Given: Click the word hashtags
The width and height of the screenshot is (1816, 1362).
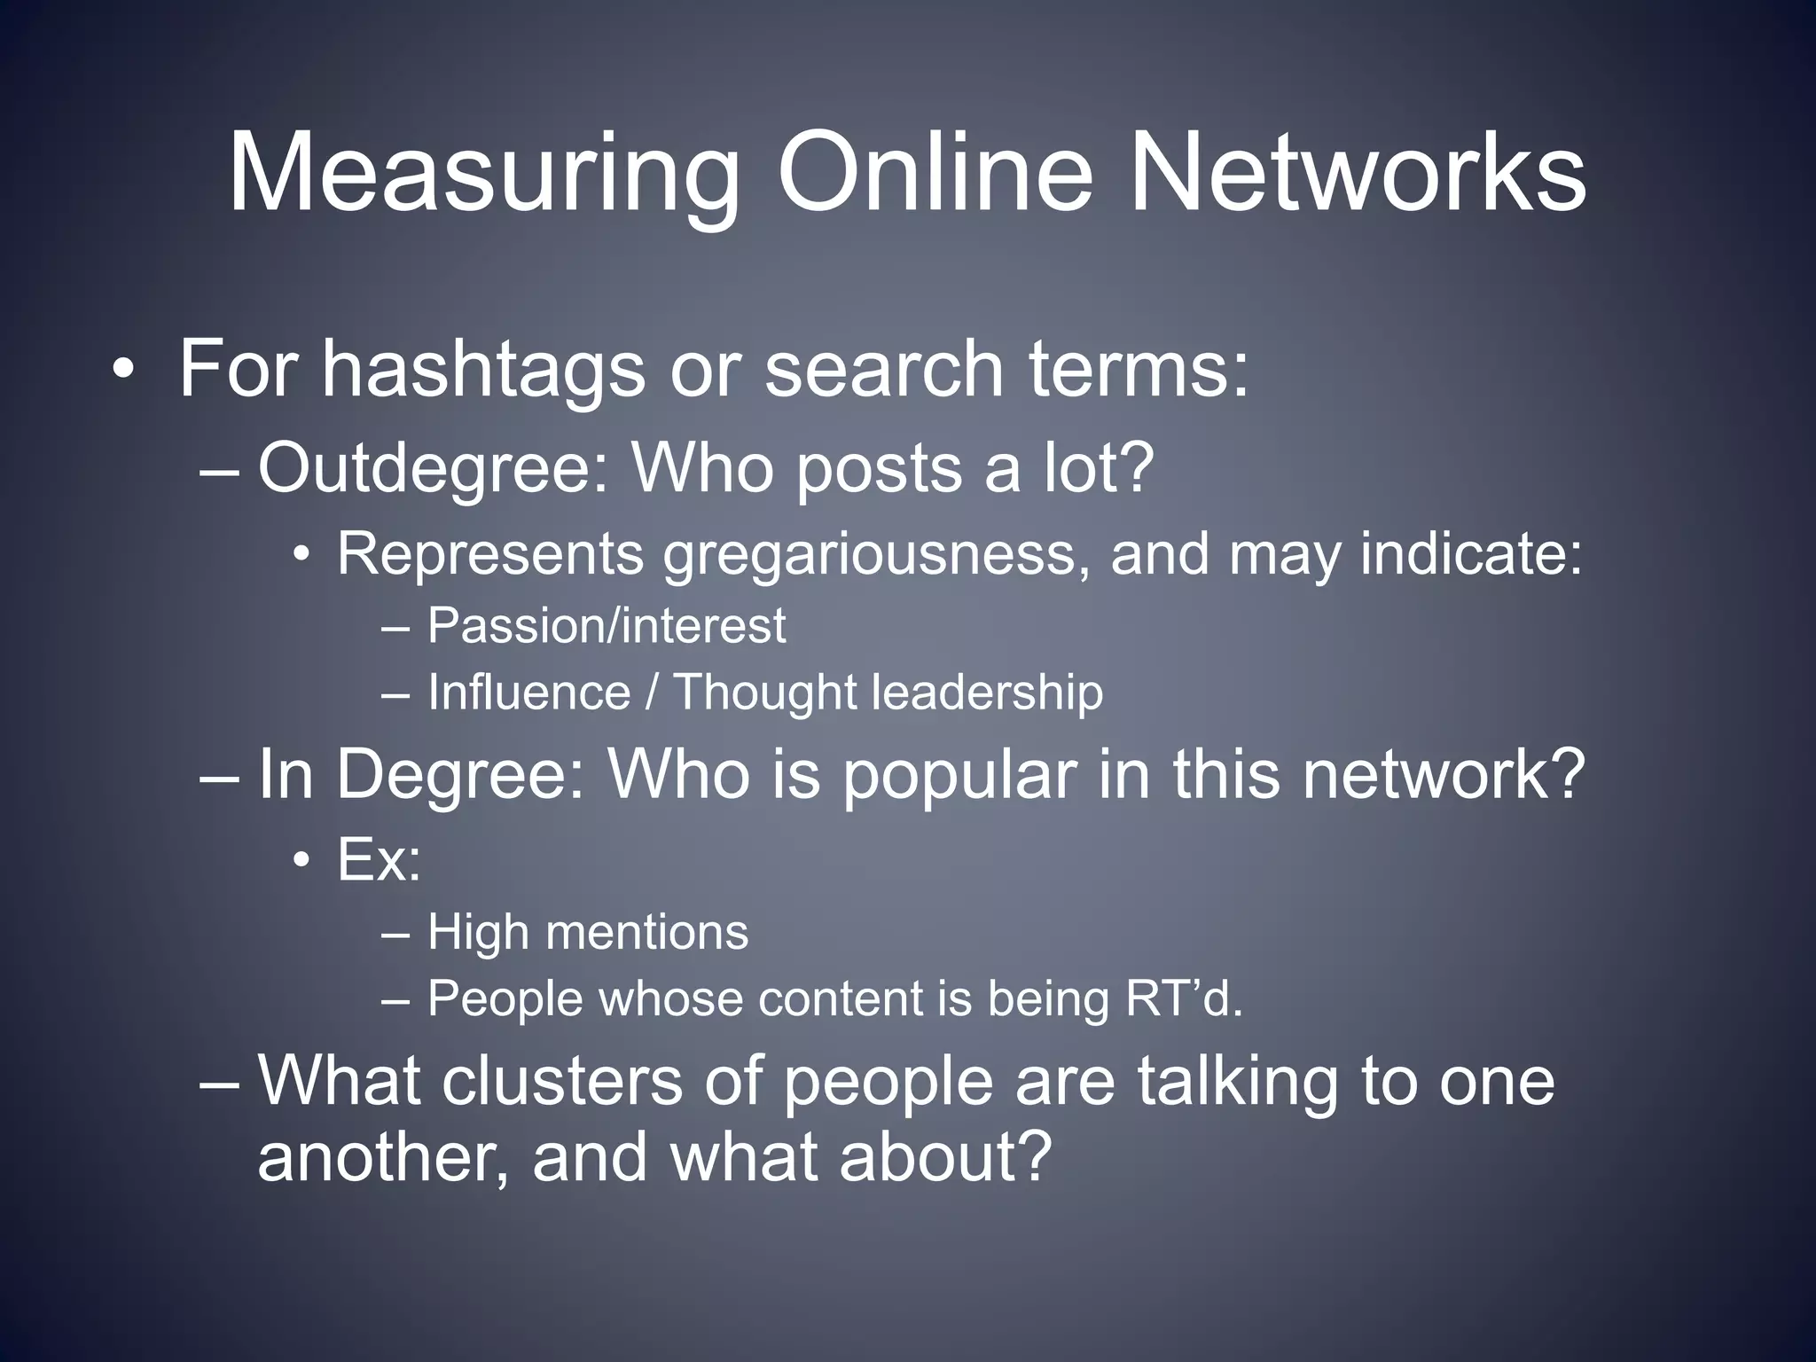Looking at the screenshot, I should (x=483, y=371).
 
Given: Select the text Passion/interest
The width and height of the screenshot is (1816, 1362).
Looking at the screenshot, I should (x=607, y=626).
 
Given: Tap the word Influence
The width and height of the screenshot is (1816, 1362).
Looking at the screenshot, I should (x=528, y=692).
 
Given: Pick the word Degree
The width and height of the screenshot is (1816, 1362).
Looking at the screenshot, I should (x=460, y=774).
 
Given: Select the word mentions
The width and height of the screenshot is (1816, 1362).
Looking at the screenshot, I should (x=647, y=933).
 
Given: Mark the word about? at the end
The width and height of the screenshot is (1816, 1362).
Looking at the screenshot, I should (x=945, y=1156).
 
